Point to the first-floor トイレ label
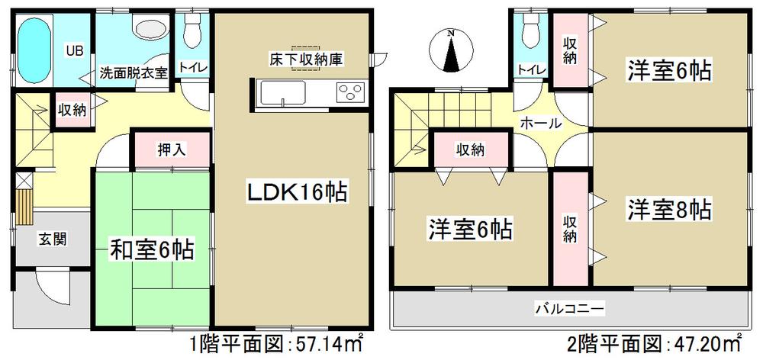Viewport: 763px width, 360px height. pyautogui.click(x=191, y=67)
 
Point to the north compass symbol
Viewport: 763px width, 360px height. pyautogui.click(x=451, y=49)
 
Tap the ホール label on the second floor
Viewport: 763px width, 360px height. pyautogui.click(x=541, y=123)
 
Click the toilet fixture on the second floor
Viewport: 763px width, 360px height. pyautogui.click(x=528, y=31)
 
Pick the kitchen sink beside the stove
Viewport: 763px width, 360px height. pyautogui.click(x=283, y=95)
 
